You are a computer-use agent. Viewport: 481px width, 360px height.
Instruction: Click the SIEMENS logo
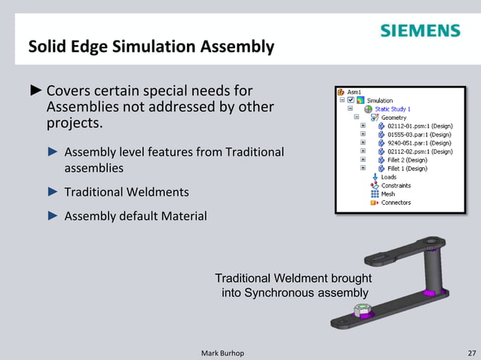pyautogui.click(x=420, y=31)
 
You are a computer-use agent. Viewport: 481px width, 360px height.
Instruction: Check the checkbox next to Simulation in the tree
pyautogui.click(x=351, y=100)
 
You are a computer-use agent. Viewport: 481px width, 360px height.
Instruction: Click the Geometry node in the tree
pyautogui.click(x=394, y=117)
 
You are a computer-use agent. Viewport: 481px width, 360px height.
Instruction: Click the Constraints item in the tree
pyautogui.click(x=395, y=185)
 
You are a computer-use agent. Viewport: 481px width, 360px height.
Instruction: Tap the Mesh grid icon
pyautogui.click(x=375, y=194)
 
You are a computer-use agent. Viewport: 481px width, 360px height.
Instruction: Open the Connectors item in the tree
pyautogui.click(x=396, y=202)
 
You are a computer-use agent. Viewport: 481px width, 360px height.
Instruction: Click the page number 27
pyautogui.click(x=471, y=352)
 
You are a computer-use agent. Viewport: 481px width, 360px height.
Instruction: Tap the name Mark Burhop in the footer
pyautogui.click(x=223, y=352)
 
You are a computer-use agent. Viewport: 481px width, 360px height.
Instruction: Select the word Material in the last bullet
pyautogui.click(x=181, y=217)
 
